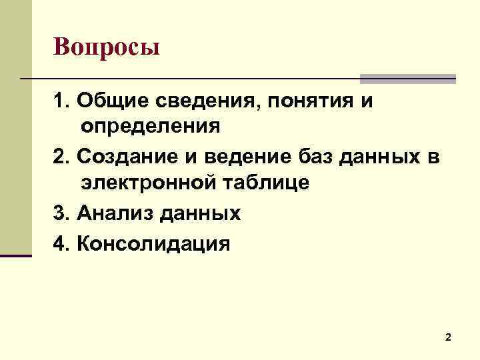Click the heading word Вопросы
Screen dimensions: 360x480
[107, 47]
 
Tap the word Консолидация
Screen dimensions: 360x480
[153, 243]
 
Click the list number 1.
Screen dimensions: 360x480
[61, 102]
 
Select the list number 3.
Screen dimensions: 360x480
[61, 213]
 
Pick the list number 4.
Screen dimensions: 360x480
[61, 243]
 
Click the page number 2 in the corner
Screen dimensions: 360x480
[448, 338]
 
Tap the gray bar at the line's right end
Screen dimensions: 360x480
[408, 79]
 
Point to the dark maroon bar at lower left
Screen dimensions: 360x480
[16, 255]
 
